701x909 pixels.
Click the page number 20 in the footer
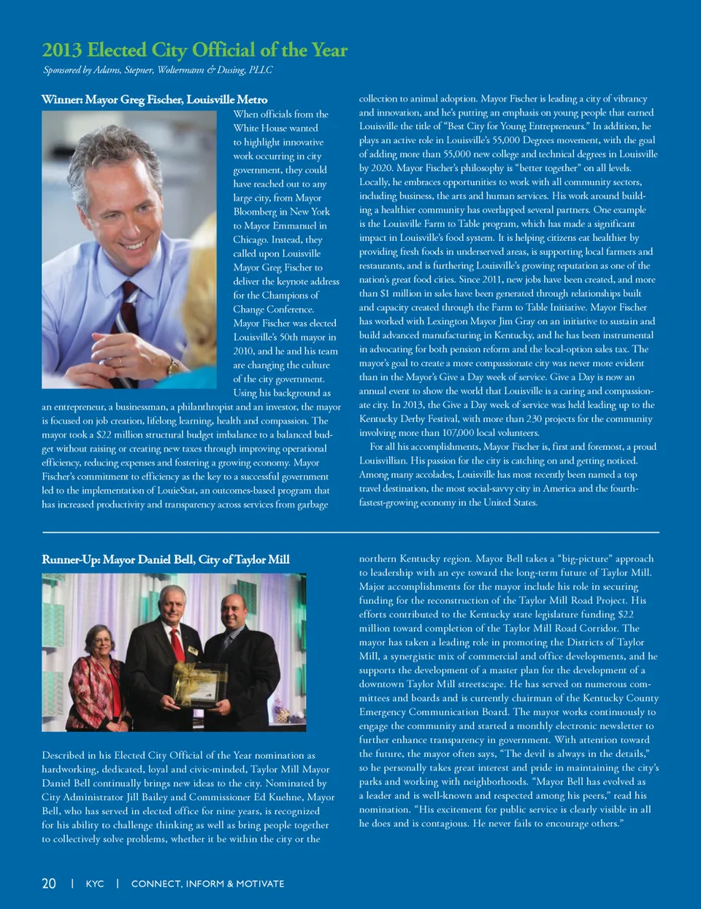point(49,883)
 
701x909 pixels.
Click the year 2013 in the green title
point(62,50)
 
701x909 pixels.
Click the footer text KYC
point(95,883)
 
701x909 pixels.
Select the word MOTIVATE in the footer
point(260,883)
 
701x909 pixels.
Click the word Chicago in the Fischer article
point(250,239)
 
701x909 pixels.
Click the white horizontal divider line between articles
point(350,533)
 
